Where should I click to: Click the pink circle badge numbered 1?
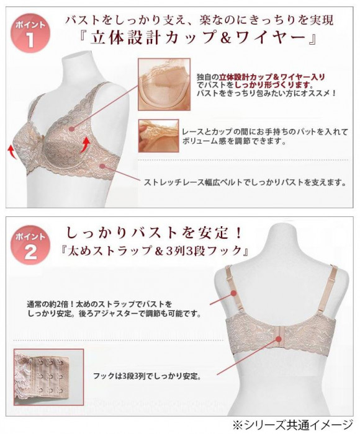click(x=30, y=33)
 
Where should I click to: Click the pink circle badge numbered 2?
click(x=30, y=245)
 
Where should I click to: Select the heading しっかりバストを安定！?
click(x=154, y=232)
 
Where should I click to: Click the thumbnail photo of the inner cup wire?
click(x=164, y=84)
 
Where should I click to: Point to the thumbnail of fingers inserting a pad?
click(x=158, y=136)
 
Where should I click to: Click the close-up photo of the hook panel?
click(x=49, y=377)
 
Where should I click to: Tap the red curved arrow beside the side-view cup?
click(x=86, y=144)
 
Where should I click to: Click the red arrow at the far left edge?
click(x=11, y=150)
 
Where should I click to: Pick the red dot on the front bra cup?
click(x=72, y=129)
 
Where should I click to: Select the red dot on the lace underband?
click(x=102, y=166)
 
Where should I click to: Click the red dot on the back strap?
click(x=233, y=293)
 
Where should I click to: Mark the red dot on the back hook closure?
click(x=279, y=339)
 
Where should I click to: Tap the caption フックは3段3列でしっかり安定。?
click(x=147, y=376)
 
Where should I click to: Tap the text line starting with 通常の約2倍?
click(x=99, y=304)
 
